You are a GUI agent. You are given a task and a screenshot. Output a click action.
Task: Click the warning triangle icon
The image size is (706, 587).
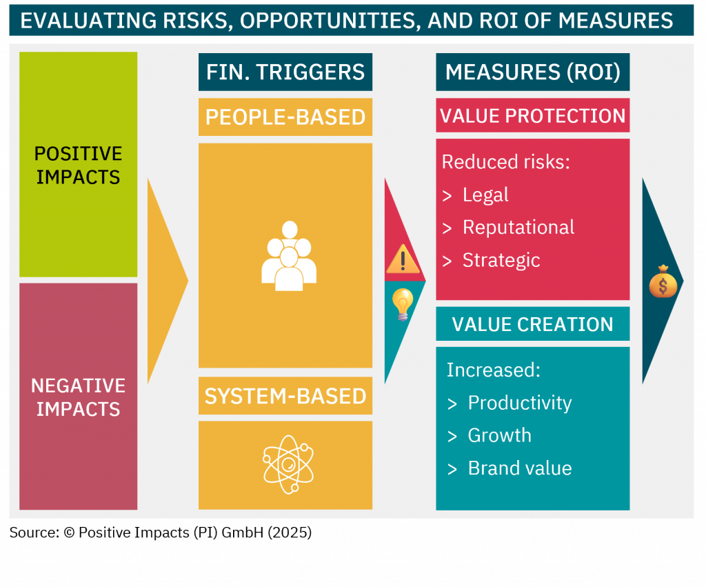click(x=403, y=259)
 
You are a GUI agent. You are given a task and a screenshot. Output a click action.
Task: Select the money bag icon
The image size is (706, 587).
click(x=663, y=281)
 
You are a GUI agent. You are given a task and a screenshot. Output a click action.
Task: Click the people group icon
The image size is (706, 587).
click(x=289, y=256)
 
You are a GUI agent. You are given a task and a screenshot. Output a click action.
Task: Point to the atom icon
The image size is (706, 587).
click(x=288, y=464)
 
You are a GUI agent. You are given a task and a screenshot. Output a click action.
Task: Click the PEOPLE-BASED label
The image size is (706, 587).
click(x=285, y=117)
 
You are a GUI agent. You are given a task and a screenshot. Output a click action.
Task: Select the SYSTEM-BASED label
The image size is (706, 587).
click(x=285, y=397)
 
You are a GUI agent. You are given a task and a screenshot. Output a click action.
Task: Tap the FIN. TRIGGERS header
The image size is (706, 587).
click(x=285, y=72)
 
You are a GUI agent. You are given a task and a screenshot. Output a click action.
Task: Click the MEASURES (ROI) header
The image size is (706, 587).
click(x=533, y=72)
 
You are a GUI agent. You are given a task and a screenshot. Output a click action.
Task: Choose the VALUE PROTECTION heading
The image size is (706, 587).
click(x=533, y=116)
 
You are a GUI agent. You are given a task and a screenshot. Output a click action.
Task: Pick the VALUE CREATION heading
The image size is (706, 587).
click(x=533, y=324)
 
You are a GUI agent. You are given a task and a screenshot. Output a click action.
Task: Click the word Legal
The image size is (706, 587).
click(x=485, y=195)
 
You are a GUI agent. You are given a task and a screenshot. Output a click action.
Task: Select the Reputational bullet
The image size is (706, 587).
click(x=518, y=228)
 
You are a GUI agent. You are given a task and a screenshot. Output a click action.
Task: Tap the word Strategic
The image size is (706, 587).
click(x=501, y=260)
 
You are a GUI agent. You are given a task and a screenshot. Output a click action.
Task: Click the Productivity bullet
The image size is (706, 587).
click(x=520, y=403)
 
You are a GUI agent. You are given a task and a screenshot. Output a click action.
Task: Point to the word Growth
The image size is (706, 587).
click(x=499, y=435)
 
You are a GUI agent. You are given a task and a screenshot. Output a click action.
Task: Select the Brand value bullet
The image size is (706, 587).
click(x=520, y=468)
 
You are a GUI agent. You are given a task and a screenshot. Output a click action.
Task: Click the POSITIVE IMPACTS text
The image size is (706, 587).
click(x=79, y=166)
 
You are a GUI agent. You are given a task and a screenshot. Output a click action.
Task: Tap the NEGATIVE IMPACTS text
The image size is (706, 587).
click(x=79, y=397)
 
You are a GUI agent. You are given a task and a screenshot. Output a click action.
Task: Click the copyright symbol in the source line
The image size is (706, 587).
click(x=69, y=533)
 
